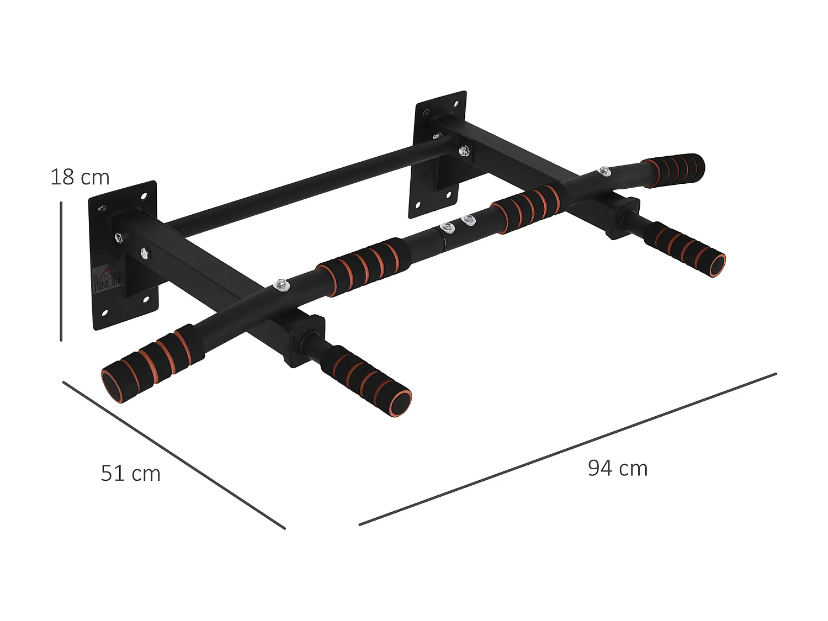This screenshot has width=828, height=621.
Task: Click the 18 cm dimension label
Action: (80, 177)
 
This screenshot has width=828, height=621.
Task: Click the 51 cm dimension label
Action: (130, 474)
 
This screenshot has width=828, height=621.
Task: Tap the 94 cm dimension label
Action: (617, 468)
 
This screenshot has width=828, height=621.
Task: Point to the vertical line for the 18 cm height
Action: (61, 270)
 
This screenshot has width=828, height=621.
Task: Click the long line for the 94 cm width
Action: (567, 449)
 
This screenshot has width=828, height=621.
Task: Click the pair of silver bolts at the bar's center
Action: (457, 223)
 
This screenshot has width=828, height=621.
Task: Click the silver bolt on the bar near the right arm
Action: (604, 171)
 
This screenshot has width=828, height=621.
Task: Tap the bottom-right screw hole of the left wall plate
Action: (147, 300)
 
